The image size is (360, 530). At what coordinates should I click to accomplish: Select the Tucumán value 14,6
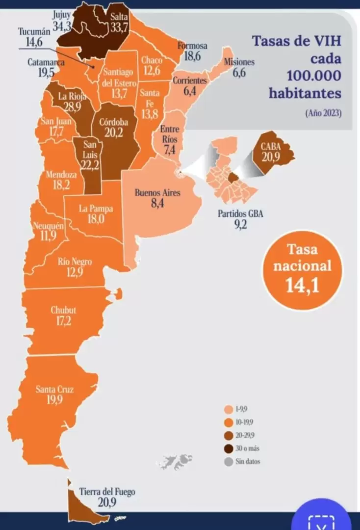click(30, 42)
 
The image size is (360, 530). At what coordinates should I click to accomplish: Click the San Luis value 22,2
click(90, 165)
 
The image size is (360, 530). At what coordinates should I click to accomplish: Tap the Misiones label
click(239, 62)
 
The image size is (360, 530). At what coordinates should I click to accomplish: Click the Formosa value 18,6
click(192, 56)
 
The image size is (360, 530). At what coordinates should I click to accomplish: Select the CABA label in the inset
click(271, 146)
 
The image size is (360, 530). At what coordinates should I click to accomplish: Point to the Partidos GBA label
click(240, 214)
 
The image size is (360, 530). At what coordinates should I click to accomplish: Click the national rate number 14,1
click(302, 286)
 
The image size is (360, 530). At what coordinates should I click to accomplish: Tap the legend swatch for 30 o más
click(227, 448)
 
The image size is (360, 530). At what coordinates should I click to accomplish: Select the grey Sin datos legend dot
click(227, 462)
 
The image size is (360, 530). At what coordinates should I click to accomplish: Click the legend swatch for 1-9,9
click(227, 408)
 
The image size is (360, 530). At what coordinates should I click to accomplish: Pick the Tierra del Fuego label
click(107, 492)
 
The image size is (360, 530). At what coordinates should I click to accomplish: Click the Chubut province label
click(63, 310)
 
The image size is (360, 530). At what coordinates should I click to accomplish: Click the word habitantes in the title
click(305, 92)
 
